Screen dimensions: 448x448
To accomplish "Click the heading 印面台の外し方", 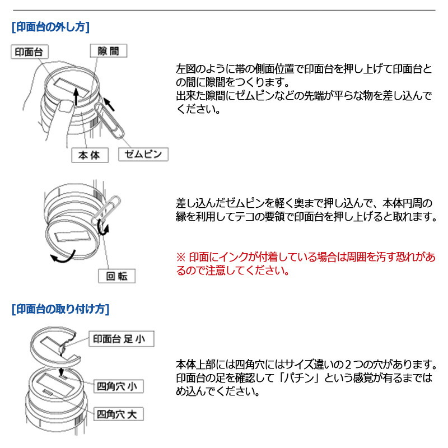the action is tap(50, 27).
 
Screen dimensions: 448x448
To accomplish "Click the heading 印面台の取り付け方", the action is tap(60, 309).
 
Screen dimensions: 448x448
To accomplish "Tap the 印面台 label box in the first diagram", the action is tap(30, 52).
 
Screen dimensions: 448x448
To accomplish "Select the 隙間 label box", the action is tap(108, 51).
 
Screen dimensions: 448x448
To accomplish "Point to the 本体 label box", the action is tap(90, 155).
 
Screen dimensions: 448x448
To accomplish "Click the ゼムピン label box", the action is tap(143, 155).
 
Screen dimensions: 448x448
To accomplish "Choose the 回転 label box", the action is tap(116, 276).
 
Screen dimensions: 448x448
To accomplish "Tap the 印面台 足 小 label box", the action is tap(122, 339).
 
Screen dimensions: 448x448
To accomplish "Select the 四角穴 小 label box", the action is tap(119, 386).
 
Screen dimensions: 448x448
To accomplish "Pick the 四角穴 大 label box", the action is tap(119, 414).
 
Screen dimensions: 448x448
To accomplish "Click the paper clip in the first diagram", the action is tap(109, 120).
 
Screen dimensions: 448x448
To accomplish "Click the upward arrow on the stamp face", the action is tap(76, 96).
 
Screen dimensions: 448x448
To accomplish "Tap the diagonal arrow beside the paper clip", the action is tap(109, 104).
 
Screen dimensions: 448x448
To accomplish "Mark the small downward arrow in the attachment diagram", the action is tap(61, 372).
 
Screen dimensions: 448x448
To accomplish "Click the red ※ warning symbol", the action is tap(181, 257).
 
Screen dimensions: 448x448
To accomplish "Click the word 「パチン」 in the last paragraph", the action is tap(299, 377).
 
